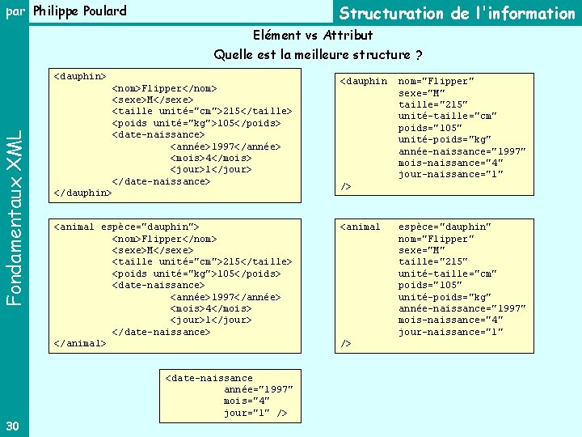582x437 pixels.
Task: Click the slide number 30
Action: [12, 426]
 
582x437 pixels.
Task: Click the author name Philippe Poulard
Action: [80, 11]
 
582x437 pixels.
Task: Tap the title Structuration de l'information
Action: [457, 13]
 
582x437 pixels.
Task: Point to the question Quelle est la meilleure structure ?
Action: [318, 55]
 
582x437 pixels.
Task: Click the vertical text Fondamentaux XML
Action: [14, 209]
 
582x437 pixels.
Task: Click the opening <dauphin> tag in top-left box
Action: [79, 76]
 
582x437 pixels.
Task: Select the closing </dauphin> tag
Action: [82, 193]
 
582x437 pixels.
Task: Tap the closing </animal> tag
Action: [79, 343]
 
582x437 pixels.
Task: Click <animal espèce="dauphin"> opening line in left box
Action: [126, 227]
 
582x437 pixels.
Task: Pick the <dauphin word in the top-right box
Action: [364, 81]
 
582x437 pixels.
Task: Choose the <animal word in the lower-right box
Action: [361, 227]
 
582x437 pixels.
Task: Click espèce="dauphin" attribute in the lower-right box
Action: [445, 227]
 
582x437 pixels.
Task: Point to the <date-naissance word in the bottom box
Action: [209, 378]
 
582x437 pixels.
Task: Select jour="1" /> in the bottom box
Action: [255, 414]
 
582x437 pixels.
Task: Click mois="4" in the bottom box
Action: [248, 401]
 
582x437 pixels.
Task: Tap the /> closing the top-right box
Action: [346, 186]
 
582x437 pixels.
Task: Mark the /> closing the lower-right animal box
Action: [346, 343]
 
